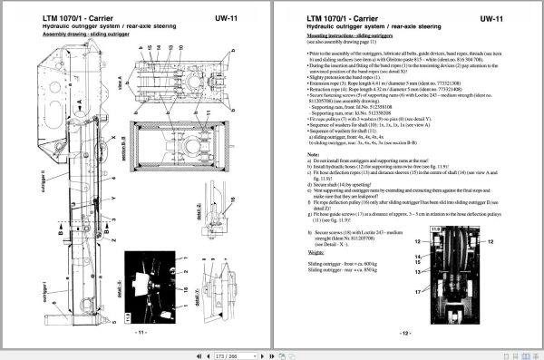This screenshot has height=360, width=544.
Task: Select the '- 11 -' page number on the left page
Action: pos(141,332)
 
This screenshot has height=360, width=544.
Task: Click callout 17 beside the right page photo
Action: pos(419,293)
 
